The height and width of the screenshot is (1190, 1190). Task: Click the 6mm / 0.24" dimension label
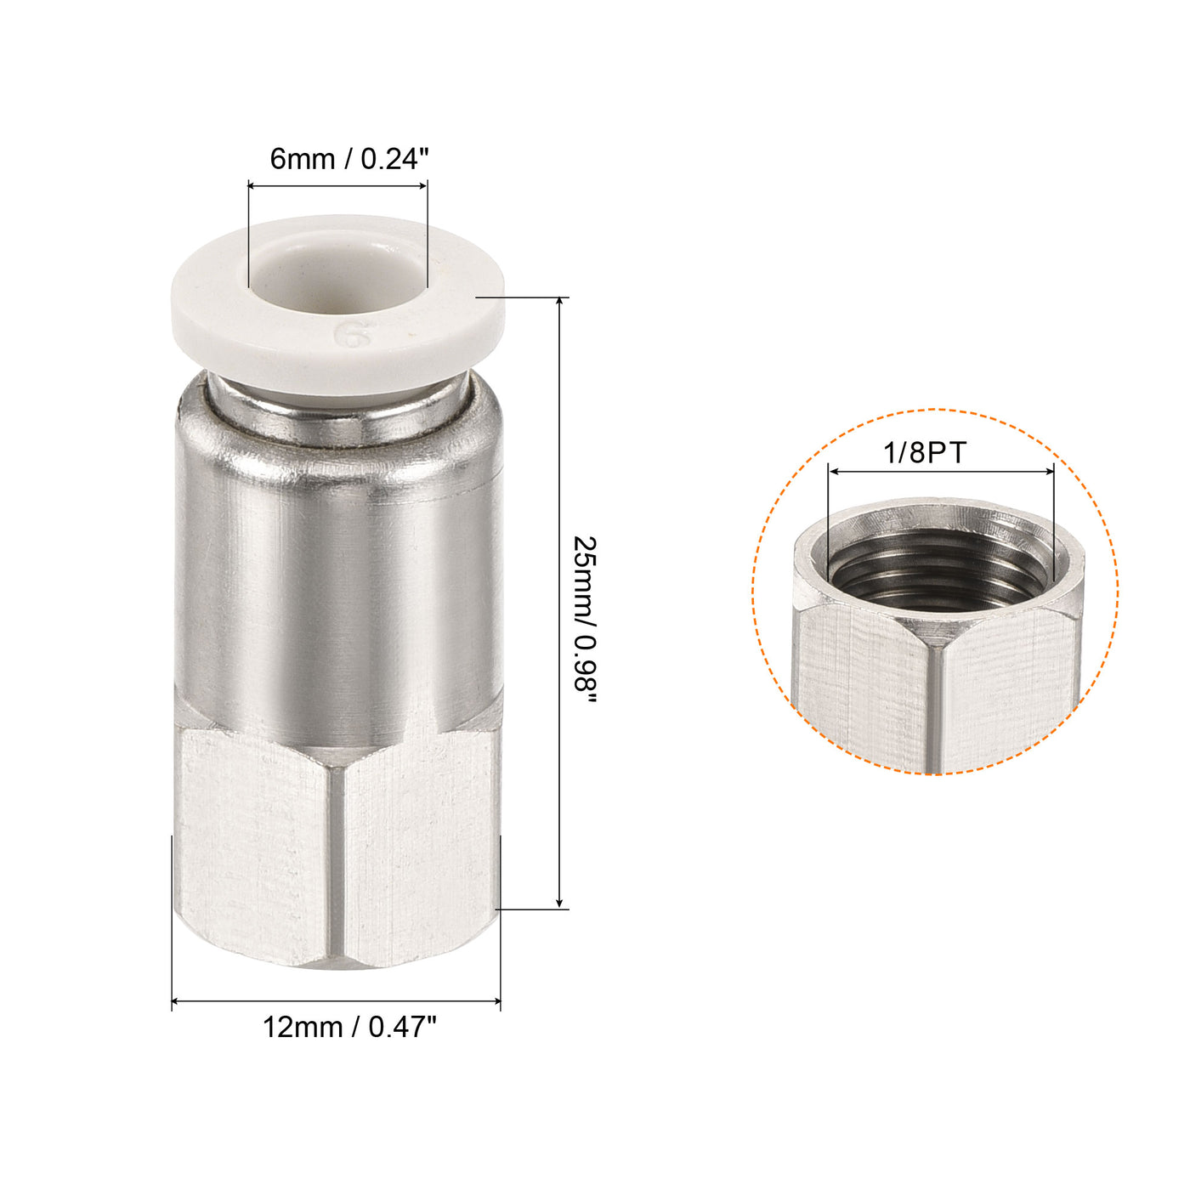click(x=349, y=158)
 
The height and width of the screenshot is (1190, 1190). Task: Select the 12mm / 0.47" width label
click(x=349, y=1027)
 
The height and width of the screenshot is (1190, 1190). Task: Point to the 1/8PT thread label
click(x=925, y=452)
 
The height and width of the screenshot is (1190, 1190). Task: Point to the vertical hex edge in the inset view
click(x=934, y=705)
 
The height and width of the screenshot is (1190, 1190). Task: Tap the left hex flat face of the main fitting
click(x=255, y=850)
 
